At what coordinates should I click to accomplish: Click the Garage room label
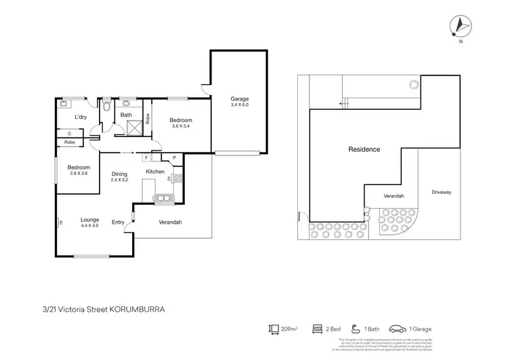point(240,99)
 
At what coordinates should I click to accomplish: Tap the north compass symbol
point(460,26)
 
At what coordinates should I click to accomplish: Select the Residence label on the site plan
point(364,149)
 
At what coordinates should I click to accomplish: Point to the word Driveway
point(441,193)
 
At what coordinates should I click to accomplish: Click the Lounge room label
point(90,220)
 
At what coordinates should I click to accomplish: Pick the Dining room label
point(119,174)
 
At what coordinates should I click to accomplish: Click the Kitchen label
point(155,172)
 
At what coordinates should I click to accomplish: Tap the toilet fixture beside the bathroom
point(107,105)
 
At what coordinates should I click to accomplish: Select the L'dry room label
point(81,117)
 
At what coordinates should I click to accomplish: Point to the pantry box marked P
point(174,158)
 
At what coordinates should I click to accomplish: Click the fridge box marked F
point(147,157)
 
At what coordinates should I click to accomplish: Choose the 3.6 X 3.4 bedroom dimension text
point(180,126)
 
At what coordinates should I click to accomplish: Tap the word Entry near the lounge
point(118,222)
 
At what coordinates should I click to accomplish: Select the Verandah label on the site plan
point(394,196)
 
